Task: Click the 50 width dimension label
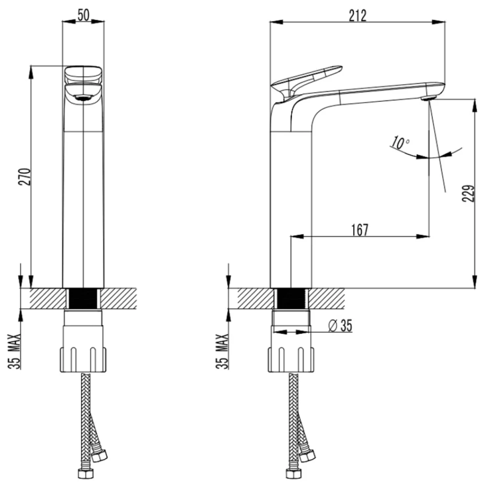[x=83, y=15]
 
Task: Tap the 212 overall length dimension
[x=358, y=15]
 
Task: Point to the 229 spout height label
[x=468, y=194]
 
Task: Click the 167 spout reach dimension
[x=360, y=230]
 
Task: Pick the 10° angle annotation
[x=400, y=143]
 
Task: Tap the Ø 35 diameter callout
[x=340, y=326]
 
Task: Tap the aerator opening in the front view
[x=83, y=98]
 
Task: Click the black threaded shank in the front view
[x=83, y=298]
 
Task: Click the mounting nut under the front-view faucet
[x=83, y=359]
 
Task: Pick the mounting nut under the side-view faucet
[x=291, y=359]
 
